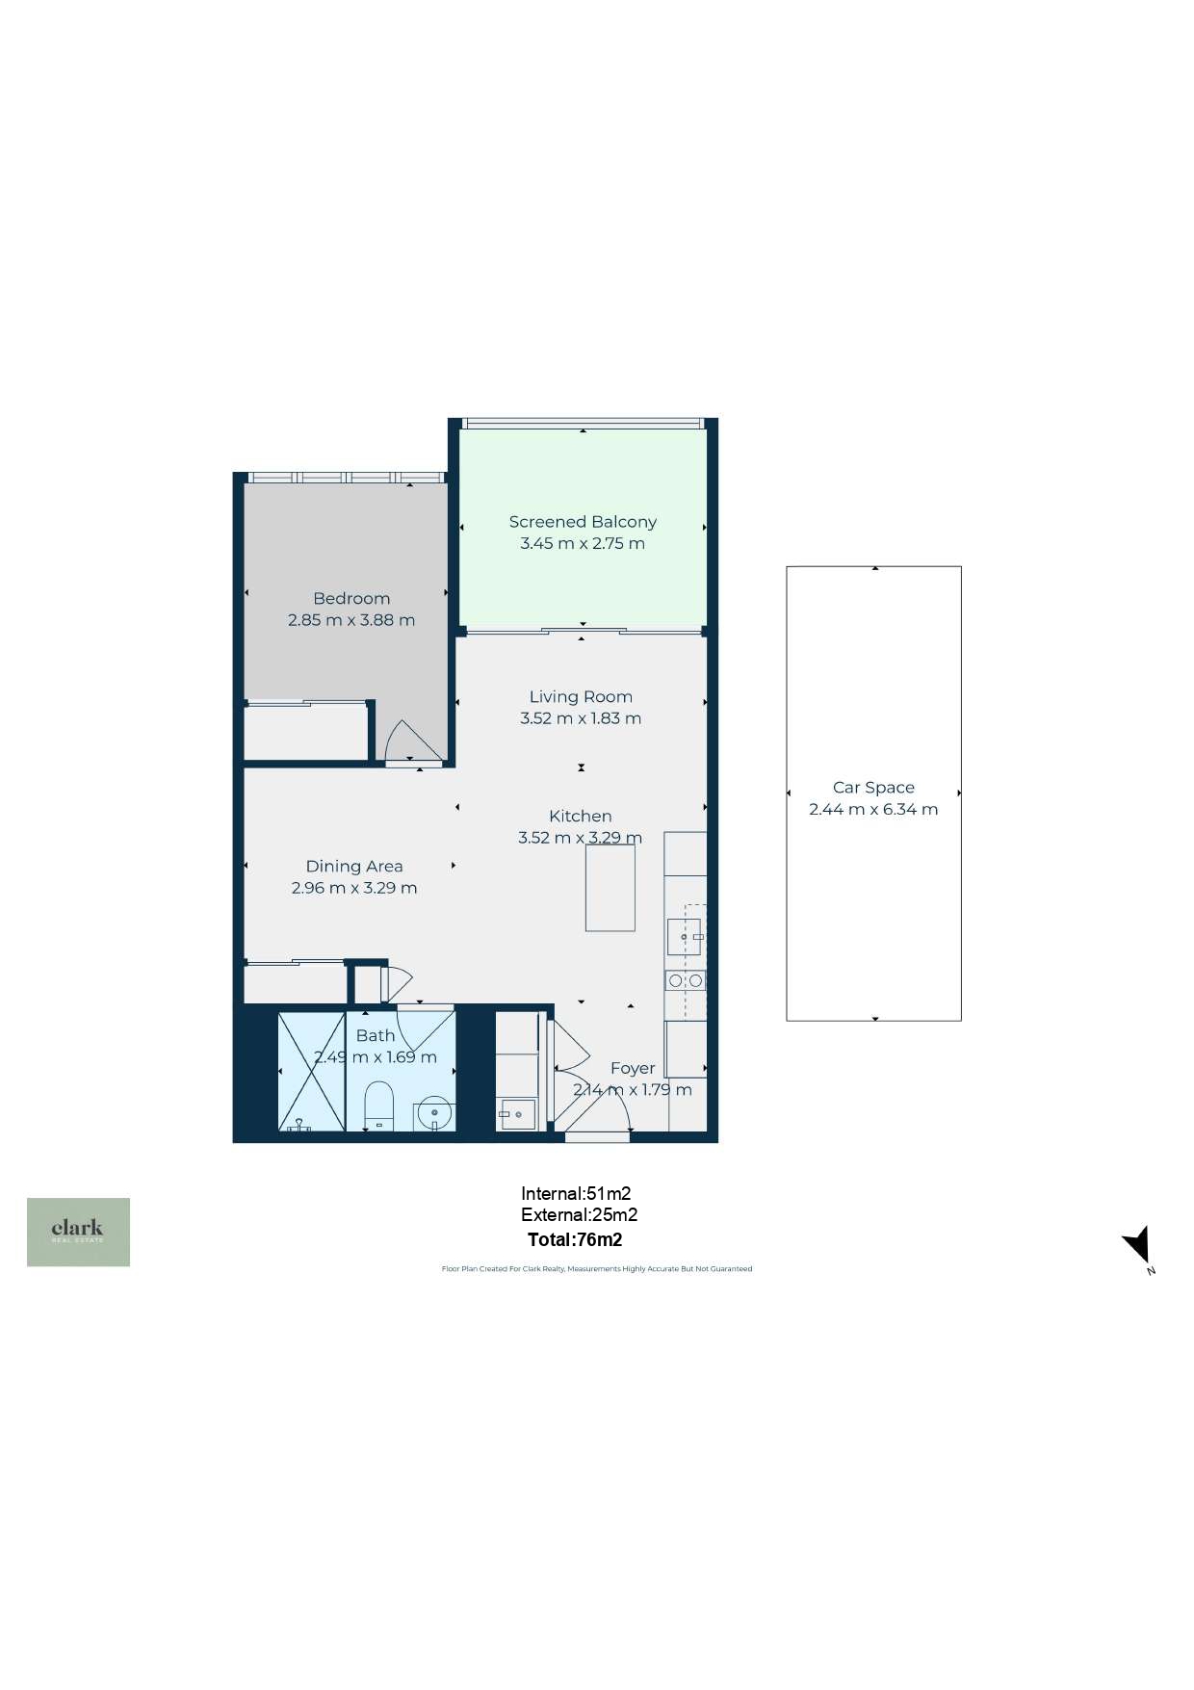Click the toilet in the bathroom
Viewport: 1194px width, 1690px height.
(379, 1106)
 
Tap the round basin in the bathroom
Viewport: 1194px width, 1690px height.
(434, 1114)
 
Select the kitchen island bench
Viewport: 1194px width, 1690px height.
(610, 888)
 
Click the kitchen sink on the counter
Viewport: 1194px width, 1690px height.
(685, 937)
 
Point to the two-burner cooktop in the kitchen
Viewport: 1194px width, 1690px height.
(686, 980)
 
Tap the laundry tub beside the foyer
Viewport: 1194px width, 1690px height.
(517, 1114)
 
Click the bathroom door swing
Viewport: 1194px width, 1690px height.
(424, 1027)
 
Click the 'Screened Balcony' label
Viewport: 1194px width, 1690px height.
(583, 522)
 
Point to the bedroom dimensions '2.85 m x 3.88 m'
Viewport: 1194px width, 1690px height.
(351, 620)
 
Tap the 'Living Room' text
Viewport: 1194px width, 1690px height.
(581, 696)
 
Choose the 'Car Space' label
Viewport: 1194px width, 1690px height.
(873, 788)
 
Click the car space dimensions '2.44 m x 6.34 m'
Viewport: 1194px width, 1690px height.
(873, 809)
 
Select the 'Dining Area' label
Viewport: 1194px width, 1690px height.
(354, 867)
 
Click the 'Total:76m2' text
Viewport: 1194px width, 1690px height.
(575, 1239)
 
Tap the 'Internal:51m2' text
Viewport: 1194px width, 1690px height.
(576, 1194)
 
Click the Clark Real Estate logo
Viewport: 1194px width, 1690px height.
(78, 1232)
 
